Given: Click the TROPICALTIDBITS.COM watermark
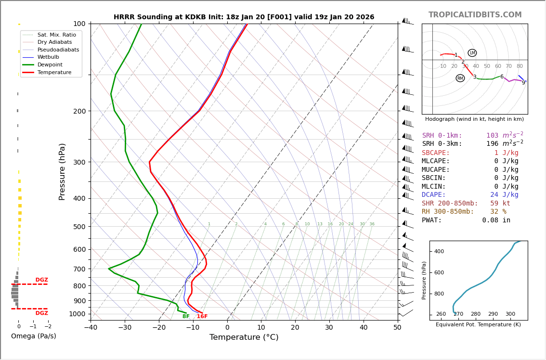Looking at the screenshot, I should pos(475,15).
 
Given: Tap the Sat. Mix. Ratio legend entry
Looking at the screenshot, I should pos(56,35).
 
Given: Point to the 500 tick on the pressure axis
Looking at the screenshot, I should pos(79,227).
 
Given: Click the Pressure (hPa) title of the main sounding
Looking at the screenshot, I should pos(62,171).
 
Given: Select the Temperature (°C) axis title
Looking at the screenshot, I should pos(244,337).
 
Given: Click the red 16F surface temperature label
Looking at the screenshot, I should pos(202,317).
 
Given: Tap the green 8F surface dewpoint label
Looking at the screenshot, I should pos(186,317).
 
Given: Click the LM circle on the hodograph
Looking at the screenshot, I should pos(472,53).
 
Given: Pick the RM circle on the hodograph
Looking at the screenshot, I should pos(460,78).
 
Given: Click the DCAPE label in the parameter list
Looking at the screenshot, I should pos(434,195).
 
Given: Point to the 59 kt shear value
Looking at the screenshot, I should pos(500,204).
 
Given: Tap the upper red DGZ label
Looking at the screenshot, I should pos(42,280).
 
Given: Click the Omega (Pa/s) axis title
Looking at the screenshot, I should pos(34,336).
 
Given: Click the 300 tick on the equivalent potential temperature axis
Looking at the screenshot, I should pos(510,314).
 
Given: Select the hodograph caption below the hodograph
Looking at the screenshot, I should pos(474,119).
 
